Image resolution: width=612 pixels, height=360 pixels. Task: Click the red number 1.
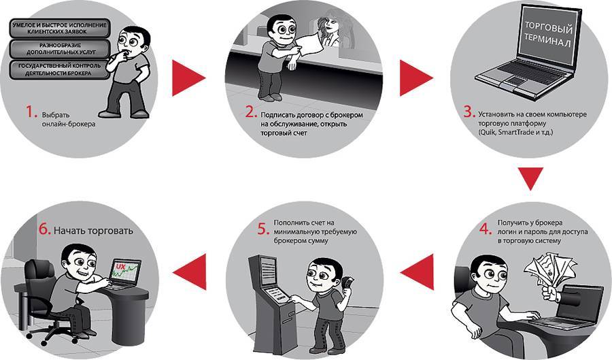(x=31, y=113)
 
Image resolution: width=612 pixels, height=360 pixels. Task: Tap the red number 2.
(x=252, y=113)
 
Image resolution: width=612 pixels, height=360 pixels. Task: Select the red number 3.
(x=469, y=112)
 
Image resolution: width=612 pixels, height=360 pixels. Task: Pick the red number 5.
(x=263, y=229)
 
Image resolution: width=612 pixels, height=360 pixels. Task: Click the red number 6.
(x=45, y=229)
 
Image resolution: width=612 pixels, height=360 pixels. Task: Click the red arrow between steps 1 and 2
(x=188, y=78)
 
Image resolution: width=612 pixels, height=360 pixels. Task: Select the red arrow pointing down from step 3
(x=530, y=178)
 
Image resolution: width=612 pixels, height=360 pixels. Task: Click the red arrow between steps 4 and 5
(x=417, y=272)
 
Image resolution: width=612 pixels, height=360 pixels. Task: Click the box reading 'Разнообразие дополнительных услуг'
(x=60, y=48)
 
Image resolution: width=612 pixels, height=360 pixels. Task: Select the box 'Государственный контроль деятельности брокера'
(x=60, y=69)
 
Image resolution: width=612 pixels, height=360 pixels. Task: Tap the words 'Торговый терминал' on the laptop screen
(x=547, y=34)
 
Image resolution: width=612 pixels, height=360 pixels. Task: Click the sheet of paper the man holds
(x=309, y=44)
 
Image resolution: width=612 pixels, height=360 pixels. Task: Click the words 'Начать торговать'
(x=93, y=231)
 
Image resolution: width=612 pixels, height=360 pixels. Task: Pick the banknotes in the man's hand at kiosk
(x=347, y=282)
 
